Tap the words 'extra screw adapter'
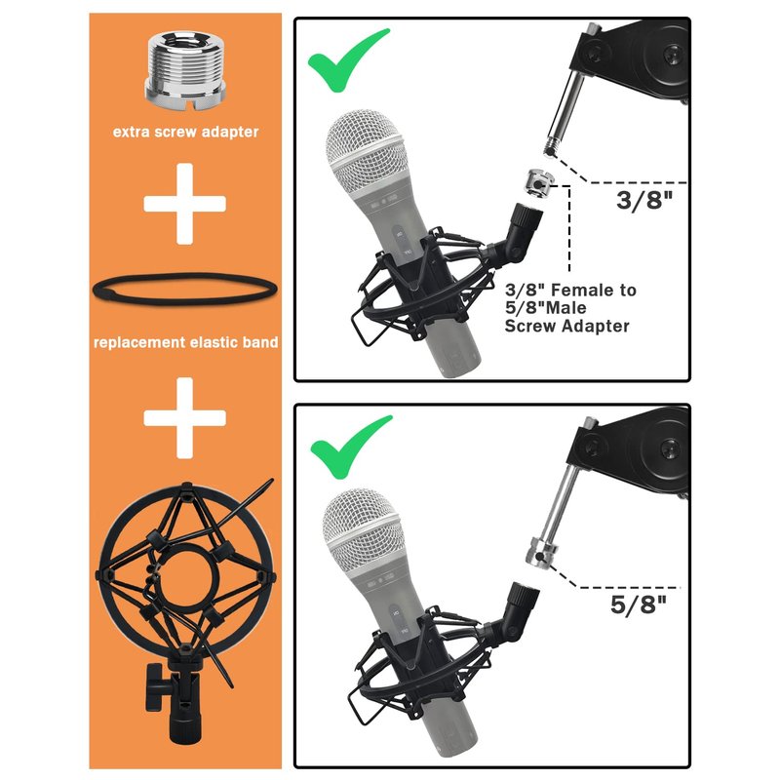tap(185, 132)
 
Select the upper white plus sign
tap(184, 204)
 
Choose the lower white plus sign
tap(184, 418)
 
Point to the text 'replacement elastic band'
tap(185, 342)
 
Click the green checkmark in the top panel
tap(348, 60)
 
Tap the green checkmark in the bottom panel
tap(351, 448)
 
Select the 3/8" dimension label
tap(644, 200)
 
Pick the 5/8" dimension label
tap(639, 604)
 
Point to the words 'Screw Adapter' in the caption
tap(567, 327)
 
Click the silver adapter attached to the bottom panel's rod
tap(542, 551)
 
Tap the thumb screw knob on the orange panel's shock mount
tap(154, 687)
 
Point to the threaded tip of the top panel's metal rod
tap(550, 148)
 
